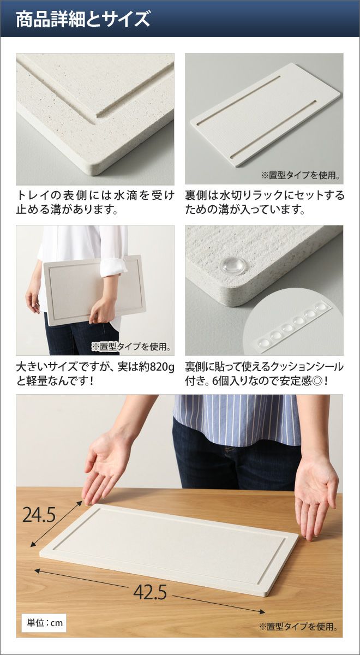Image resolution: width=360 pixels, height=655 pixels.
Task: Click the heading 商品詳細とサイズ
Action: coord(83,20)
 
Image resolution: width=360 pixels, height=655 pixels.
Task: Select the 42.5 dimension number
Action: coord(150,584)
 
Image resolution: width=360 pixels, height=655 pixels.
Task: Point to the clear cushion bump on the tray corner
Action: coord(233,266)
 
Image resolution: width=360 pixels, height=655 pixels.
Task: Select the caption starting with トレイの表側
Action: coord(95,202)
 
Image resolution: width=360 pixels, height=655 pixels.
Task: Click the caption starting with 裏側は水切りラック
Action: coord(264,202)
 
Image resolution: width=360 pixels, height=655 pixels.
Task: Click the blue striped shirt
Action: coord(237,421)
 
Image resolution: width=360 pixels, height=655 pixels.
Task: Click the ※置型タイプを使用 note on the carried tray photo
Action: coord(131,347)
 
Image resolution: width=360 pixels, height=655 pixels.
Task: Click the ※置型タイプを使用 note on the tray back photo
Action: coord(301,175)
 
